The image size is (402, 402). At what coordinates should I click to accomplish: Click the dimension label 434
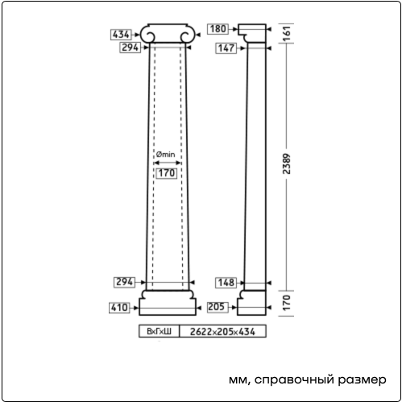[x=121, y=35]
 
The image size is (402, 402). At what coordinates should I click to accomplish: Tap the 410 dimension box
[x=119, y=308]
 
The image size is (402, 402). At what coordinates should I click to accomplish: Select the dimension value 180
[x=218, y=29]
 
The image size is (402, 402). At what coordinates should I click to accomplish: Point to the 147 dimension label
[x=226, y=48]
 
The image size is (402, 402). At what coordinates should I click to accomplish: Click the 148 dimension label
[x=226, y=283]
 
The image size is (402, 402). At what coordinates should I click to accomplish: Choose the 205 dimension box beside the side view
[x=218, y=307]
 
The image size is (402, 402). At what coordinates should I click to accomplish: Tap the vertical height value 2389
[x=287, y=164]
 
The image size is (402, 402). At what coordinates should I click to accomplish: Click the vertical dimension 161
[x=287, y=33]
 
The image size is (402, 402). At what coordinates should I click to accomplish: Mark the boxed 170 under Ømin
[x=167, y=173]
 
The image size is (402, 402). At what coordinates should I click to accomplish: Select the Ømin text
[x=165, y=155]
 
